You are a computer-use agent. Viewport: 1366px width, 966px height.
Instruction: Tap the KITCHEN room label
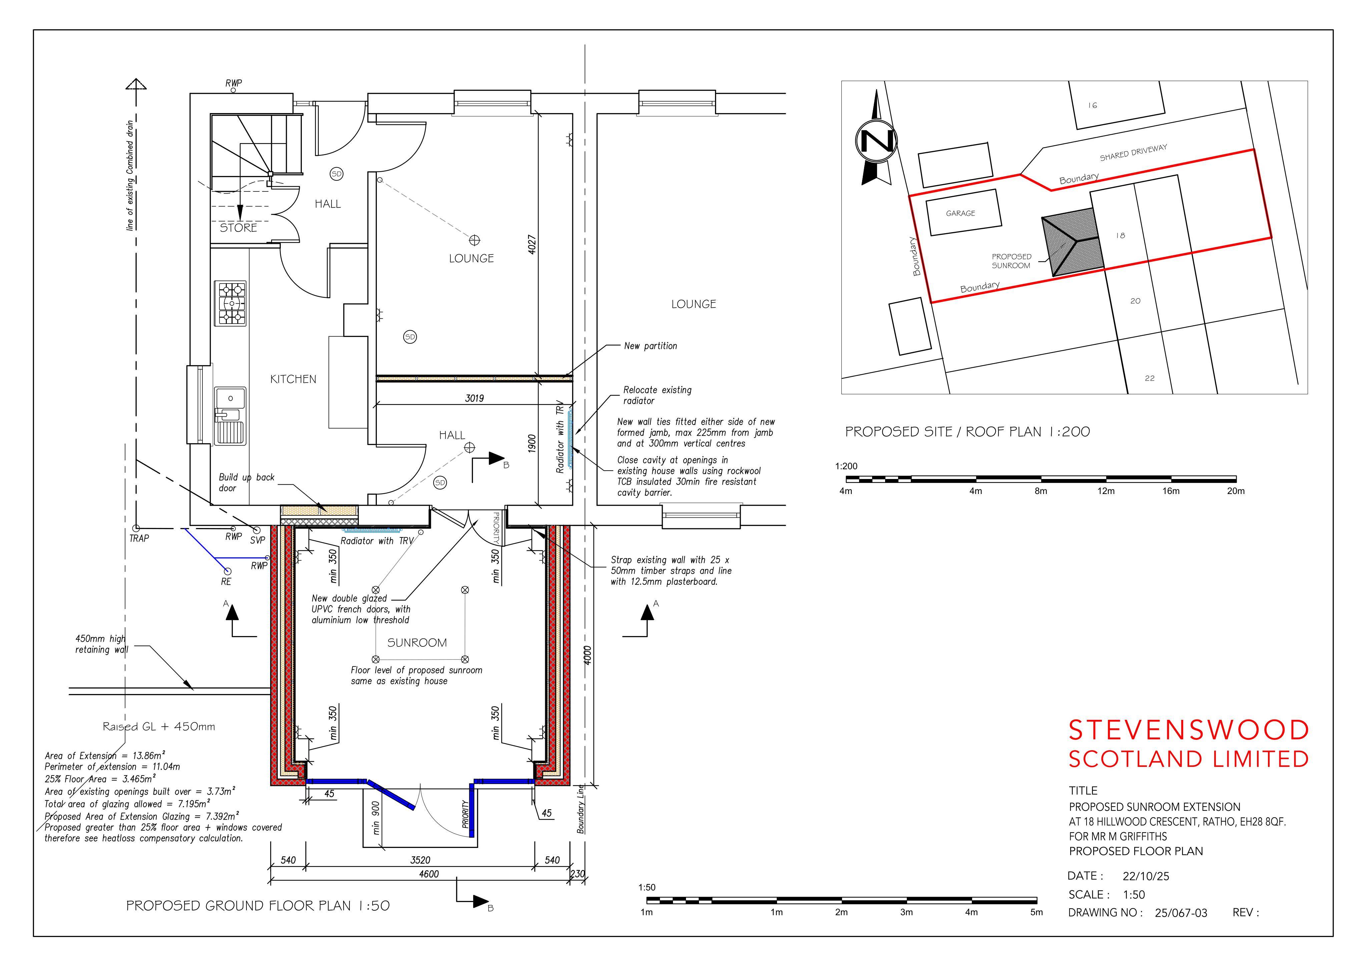293,379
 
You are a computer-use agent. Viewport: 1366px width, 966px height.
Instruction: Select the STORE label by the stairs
238,228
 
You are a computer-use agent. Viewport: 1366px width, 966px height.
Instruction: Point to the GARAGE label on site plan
960,213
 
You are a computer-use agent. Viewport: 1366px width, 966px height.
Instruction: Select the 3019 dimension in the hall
474,398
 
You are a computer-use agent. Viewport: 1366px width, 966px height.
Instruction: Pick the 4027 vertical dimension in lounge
532,245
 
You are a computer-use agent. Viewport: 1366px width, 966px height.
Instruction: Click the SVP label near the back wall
257,540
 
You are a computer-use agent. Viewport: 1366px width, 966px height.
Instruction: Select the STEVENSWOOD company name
1189,730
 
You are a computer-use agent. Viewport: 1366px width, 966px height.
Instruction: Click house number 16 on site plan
1092,105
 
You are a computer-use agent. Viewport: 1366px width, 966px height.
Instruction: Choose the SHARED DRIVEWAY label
1133,152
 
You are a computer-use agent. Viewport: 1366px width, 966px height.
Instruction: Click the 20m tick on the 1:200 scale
1236,491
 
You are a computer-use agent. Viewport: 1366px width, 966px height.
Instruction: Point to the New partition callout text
650,346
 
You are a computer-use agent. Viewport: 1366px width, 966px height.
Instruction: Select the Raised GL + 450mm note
159,727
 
